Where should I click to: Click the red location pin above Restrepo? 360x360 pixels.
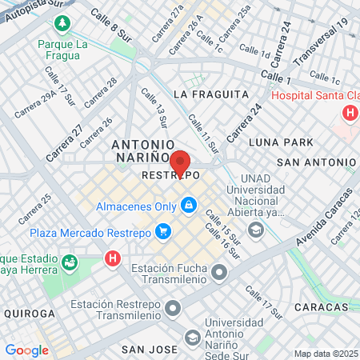pyautogui.click(x=180, y=162)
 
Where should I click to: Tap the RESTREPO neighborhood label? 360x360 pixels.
pyautogui.click(x=170, y=174)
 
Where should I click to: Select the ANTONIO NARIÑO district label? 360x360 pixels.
pyautogui.click(x=141, y=151)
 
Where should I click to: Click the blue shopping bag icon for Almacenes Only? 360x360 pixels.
pyautogui.click(x=189, y=206)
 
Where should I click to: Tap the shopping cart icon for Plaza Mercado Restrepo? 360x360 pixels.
pyautogui.click(x=163, y=233)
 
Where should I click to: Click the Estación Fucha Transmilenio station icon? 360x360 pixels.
pyautogui.click(x=219, y=274)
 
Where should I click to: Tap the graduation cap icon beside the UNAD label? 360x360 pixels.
pyautogui.click(x=256, y=231)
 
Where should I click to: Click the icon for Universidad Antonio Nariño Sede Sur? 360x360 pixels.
pyautogui.click(x=192, y=338)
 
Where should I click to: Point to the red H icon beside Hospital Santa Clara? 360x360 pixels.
pyautogui.click(x=350, y=113)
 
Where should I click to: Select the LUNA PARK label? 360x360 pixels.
pyautogui.click(x=281, y=142)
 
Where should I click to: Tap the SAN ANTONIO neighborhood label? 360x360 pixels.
pyautogui.click(x=315, y=162)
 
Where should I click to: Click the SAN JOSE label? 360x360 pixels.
pyautogui.click(x=149, y=350)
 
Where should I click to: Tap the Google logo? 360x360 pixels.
pyautogui.click(x=26, y=350)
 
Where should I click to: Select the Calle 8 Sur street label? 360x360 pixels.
pyautogui.click(x=110, y=22)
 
